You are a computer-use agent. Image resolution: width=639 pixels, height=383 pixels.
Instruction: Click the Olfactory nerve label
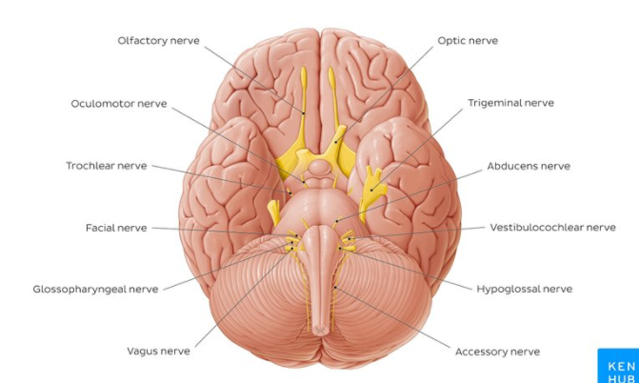tap(159, 41)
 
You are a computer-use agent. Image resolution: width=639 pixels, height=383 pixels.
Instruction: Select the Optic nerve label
tap(468, 41)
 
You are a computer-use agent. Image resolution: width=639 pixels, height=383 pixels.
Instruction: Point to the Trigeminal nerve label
tap(510, 103)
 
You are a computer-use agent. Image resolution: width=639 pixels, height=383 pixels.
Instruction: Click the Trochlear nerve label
tap(106, 166)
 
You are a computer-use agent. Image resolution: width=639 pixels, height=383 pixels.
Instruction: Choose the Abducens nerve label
tap(529, 166)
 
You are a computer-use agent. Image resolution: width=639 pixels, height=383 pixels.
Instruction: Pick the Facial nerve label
tap(116, 228)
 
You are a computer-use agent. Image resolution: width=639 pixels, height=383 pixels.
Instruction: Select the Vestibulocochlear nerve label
tap(552, 228)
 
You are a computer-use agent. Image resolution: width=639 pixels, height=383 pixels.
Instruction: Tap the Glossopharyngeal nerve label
tap(95, 289)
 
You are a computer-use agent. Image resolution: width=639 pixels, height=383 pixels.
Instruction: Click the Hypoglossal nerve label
tap(524, 289)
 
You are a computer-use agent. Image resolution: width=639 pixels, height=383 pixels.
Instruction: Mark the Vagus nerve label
tap(158, 351)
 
